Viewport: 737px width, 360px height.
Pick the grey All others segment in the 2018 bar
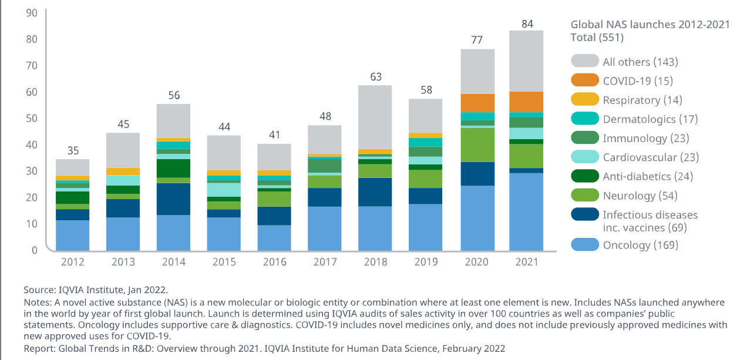[375, 117]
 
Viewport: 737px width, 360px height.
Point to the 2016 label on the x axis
[274, 262]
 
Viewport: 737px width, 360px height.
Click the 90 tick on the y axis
[31, 13]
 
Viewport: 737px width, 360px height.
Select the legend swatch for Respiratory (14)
[584, 100]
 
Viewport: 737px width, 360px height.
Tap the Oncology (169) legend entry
[640, 245]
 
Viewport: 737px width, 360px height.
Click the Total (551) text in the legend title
[597, 38]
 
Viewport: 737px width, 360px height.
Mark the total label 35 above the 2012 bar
[73, 151]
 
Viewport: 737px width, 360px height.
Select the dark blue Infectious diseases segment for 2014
[173, 199]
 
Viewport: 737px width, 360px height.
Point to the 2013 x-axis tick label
[123, 262]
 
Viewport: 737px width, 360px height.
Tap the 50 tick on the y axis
[31, 118]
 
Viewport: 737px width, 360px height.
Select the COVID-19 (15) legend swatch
[584, 80]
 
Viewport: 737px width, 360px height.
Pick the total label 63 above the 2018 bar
[375, 77]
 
